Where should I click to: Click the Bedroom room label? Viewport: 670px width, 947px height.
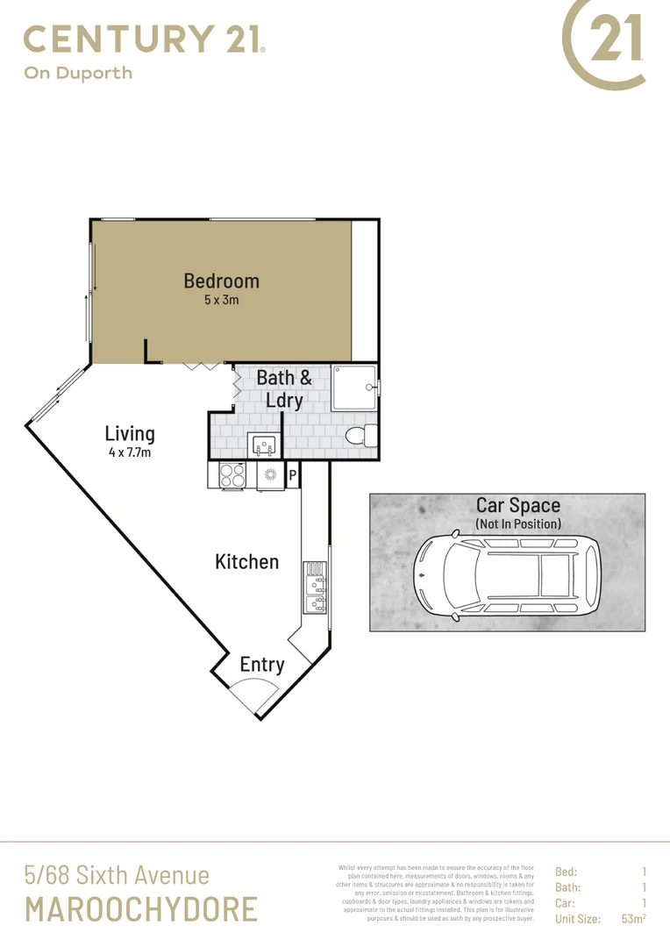click(x=221, y=281)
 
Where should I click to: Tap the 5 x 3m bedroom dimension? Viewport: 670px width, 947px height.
click(x=221, y=300)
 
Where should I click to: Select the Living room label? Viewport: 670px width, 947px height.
click(x=130, y=433)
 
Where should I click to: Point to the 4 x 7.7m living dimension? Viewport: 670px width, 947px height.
click(x=130, y=452)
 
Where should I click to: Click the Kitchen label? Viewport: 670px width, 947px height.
click(x=246, y=561)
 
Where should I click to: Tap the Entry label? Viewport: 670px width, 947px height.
click(x=261, y=665)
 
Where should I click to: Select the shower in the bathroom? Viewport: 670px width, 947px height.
click(x=354, y=388)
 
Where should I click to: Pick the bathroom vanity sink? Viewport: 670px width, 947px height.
click(x=263, y=445)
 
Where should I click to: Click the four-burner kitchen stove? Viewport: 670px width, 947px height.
click(x=232, y=475)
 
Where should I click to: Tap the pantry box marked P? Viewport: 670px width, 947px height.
click(x=292, y=475)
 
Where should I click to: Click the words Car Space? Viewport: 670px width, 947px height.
click(x=517, y=506)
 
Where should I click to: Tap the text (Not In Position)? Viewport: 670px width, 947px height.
click(x=517, y=523)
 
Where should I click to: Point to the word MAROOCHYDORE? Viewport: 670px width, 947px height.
click(x=141, y=909)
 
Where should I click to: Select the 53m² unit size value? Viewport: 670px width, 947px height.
click(x=633, y=919)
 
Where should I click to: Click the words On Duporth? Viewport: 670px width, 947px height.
click(x=77, y=74)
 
